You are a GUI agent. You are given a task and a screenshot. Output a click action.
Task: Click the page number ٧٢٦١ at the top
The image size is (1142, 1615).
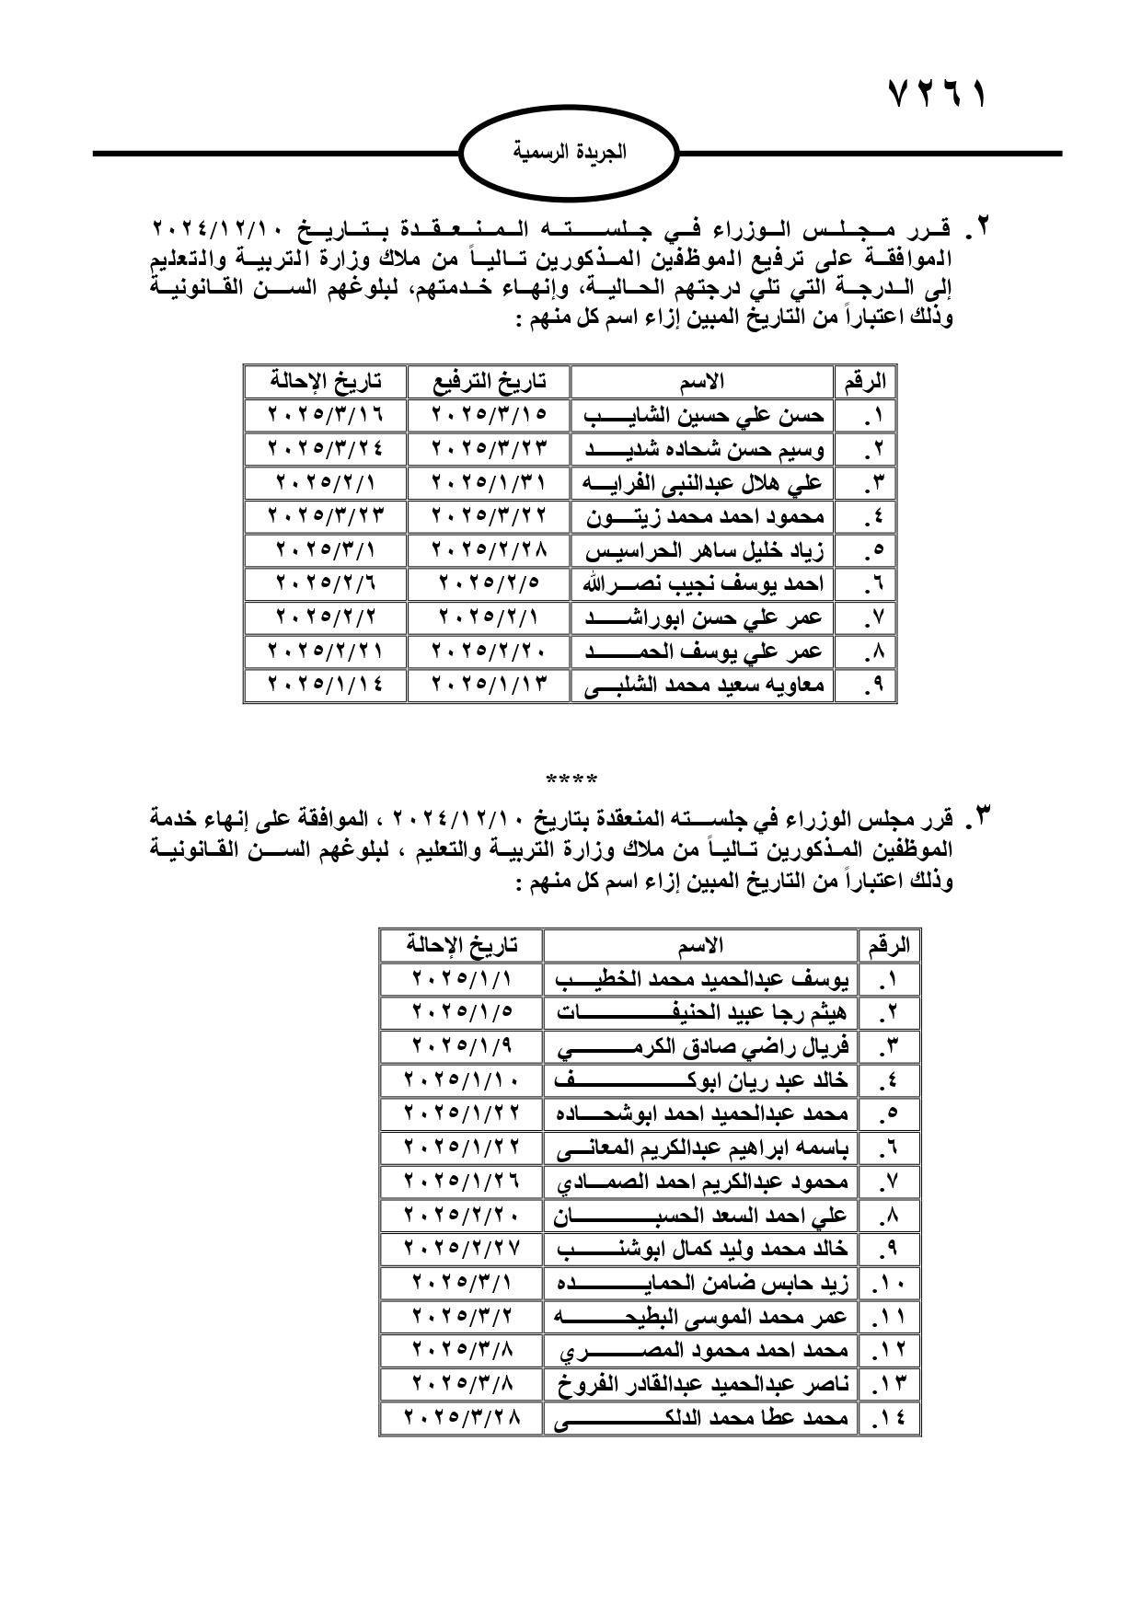tap(937, 95)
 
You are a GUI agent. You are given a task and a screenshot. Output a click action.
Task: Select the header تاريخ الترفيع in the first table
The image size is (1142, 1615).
tap(488, 381)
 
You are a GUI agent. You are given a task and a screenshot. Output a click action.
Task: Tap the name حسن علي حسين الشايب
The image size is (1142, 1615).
tap(703, 415)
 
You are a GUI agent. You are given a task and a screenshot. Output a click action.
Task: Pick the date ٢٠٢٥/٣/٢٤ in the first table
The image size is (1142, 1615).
tap(325, 449)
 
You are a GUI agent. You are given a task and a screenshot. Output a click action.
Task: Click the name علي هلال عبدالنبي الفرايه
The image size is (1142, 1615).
tap(703, 482)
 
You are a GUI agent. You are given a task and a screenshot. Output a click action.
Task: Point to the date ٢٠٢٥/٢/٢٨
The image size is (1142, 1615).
tap(488, 550)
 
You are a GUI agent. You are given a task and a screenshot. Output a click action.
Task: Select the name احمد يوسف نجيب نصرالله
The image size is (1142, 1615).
tap(703, 584)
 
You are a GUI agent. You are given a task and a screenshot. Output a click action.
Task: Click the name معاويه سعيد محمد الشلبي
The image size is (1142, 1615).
tap(703, 686)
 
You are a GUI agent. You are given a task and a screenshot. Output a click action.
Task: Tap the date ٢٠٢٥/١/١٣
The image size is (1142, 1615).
tap(488, 686)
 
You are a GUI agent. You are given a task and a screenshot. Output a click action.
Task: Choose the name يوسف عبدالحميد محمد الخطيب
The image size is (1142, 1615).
tap(701, 978)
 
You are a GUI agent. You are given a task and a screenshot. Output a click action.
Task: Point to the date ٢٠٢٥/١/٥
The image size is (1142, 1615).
tap(461, 1012)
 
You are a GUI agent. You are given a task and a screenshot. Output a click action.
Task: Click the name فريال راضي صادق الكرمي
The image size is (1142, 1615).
tap(701, 1046)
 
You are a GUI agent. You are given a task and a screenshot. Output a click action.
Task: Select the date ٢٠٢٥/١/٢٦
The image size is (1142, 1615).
tap(461, 1182)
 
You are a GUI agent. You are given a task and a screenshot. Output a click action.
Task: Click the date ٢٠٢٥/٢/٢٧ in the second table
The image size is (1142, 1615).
tap(461, 1249)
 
